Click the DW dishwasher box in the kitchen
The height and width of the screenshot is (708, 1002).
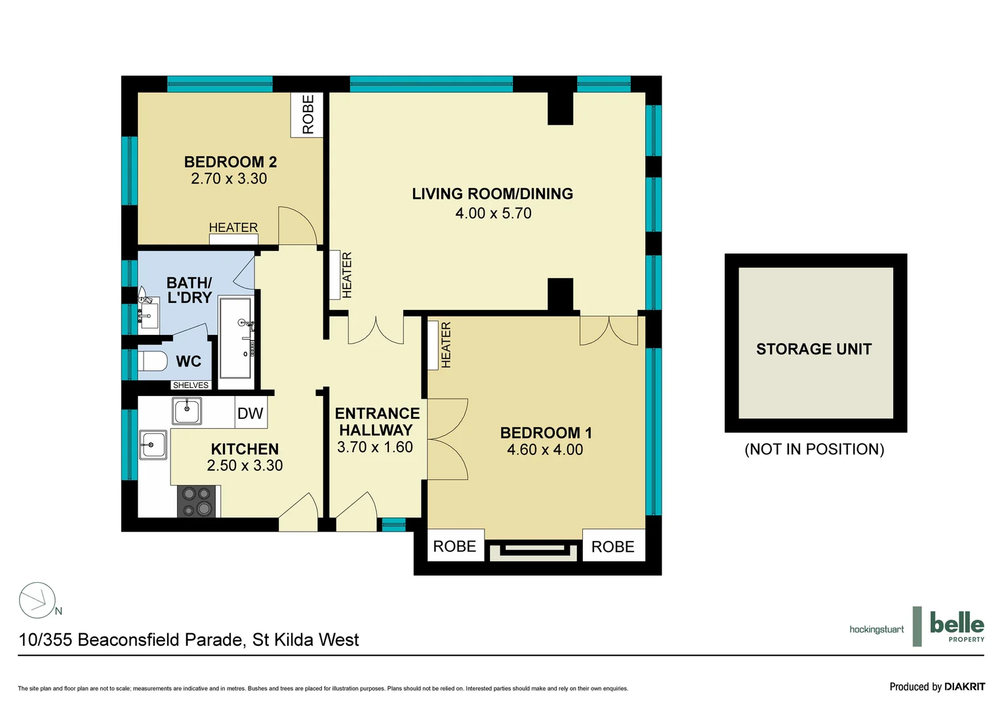250,414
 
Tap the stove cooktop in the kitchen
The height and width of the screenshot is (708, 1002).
197,501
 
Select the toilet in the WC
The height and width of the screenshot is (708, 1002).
153,361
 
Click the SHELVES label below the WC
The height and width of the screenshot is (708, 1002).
191,385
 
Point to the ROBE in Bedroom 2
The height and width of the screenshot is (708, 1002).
308,115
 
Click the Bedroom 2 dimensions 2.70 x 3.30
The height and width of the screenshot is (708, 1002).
229,179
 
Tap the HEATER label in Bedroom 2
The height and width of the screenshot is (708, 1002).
233,227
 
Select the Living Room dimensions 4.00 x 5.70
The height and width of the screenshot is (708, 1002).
493,214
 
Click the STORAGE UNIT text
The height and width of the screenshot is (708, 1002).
814,349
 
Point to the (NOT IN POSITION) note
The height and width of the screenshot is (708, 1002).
814,450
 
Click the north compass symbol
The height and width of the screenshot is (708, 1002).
37,600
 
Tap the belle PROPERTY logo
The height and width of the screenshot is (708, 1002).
956,626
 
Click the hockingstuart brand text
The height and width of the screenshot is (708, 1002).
876,629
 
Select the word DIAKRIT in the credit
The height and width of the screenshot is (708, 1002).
965,687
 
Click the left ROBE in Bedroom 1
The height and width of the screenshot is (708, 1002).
454,546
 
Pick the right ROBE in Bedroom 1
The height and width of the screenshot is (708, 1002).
612,547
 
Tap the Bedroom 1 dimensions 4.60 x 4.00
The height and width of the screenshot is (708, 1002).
545,450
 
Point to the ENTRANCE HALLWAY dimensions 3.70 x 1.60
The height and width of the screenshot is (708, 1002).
375,448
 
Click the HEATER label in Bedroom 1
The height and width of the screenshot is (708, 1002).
446,345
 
